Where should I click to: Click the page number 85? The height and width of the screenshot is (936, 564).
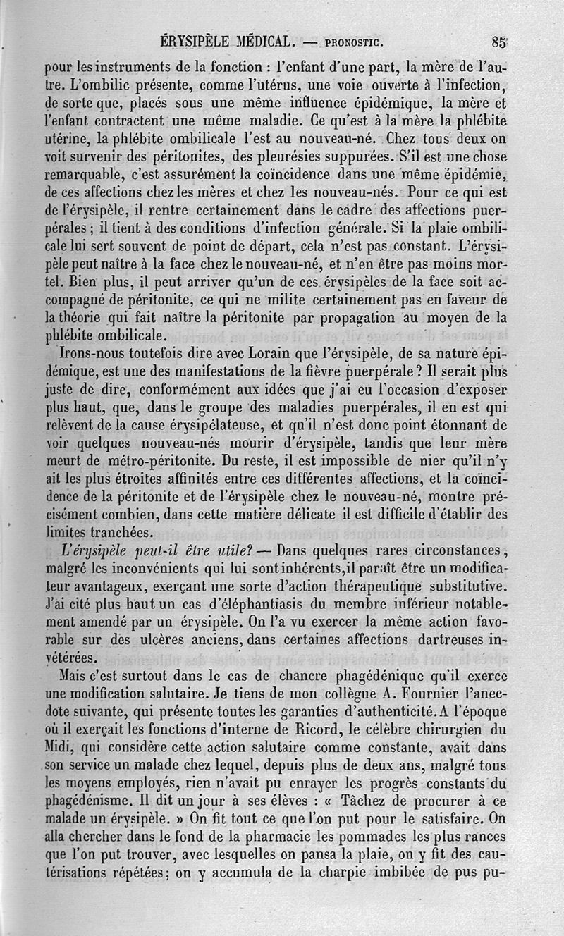499,42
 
